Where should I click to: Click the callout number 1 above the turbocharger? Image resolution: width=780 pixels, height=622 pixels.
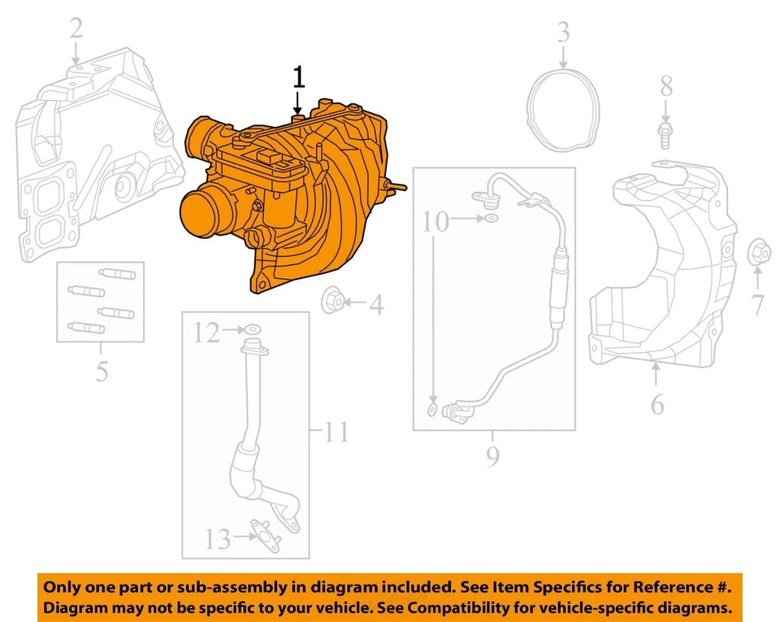pos(298,78)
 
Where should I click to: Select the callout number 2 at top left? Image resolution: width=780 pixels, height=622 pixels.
pos(76,30)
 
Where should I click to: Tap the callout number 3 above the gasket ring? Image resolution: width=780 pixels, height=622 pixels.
pos(563,33)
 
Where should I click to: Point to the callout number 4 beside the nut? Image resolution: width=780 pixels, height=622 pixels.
pos(375,305)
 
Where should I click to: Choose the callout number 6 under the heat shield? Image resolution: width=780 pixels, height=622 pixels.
pos(656,402)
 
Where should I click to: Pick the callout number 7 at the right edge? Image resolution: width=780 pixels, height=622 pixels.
pos(757,306)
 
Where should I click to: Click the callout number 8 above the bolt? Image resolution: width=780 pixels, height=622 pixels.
pos(665,84)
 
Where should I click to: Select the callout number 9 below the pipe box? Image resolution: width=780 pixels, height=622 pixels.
pos(492,458)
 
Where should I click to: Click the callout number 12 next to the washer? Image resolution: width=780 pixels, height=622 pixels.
pos(206,332)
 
